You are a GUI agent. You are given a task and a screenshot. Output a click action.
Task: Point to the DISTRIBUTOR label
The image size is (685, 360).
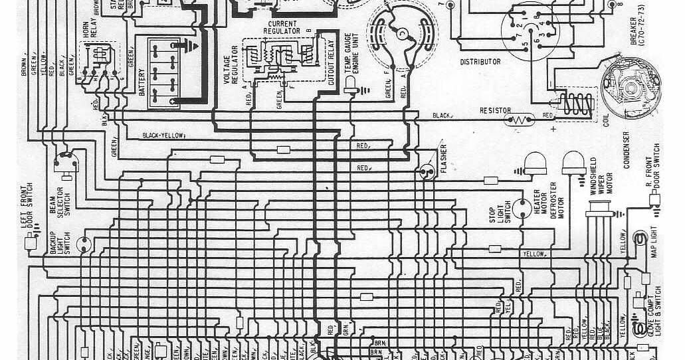[x=480, y=62]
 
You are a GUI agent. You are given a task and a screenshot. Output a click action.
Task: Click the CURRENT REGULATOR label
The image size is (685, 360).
[x=280, y=27]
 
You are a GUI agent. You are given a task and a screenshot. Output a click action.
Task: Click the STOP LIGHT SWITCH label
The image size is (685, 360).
[x=506, y=211]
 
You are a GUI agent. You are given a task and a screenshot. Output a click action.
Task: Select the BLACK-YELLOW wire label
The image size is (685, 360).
[x=163, y=135]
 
